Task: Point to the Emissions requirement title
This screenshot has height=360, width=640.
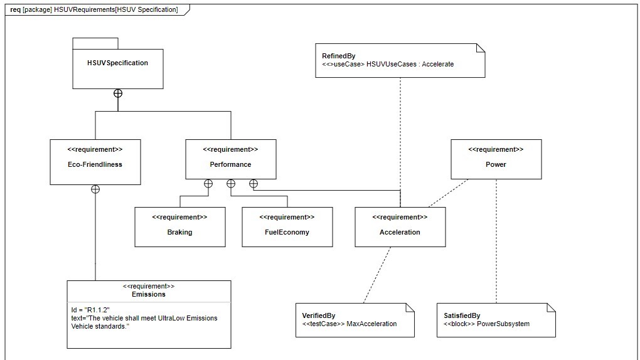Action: pyautogui.click(x=149, y=294)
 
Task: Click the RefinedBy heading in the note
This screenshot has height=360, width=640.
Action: pyautogui.click(x=338, y=56)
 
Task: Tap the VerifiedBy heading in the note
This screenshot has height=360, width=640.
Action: pyautogui.click(x=319, y=315)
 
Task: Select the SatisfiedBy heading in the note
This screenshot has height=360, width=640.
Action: pyautogui.click(x=462, y=315)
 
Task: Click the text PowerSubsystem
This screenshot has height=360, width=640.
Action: pyautogui.click(x=503, y=324)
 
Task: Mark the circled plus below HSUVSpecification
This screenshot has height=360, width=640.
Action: pyautogui.click(x=117, y=93)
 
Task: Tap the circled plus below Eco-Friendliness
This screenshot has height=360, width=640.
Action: pyautogui.click(x=95, y=189)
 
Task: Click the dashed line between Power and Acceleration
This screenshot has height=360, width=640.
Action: pyautogui.click(x=448, y=193)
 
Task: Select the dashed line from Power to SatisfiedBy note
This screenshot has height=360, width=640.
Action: pyautogui.click(x=496, y=245)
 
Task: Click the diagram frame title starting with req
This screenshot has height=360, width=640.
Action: pyautogui.click(x=94, y=9)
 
